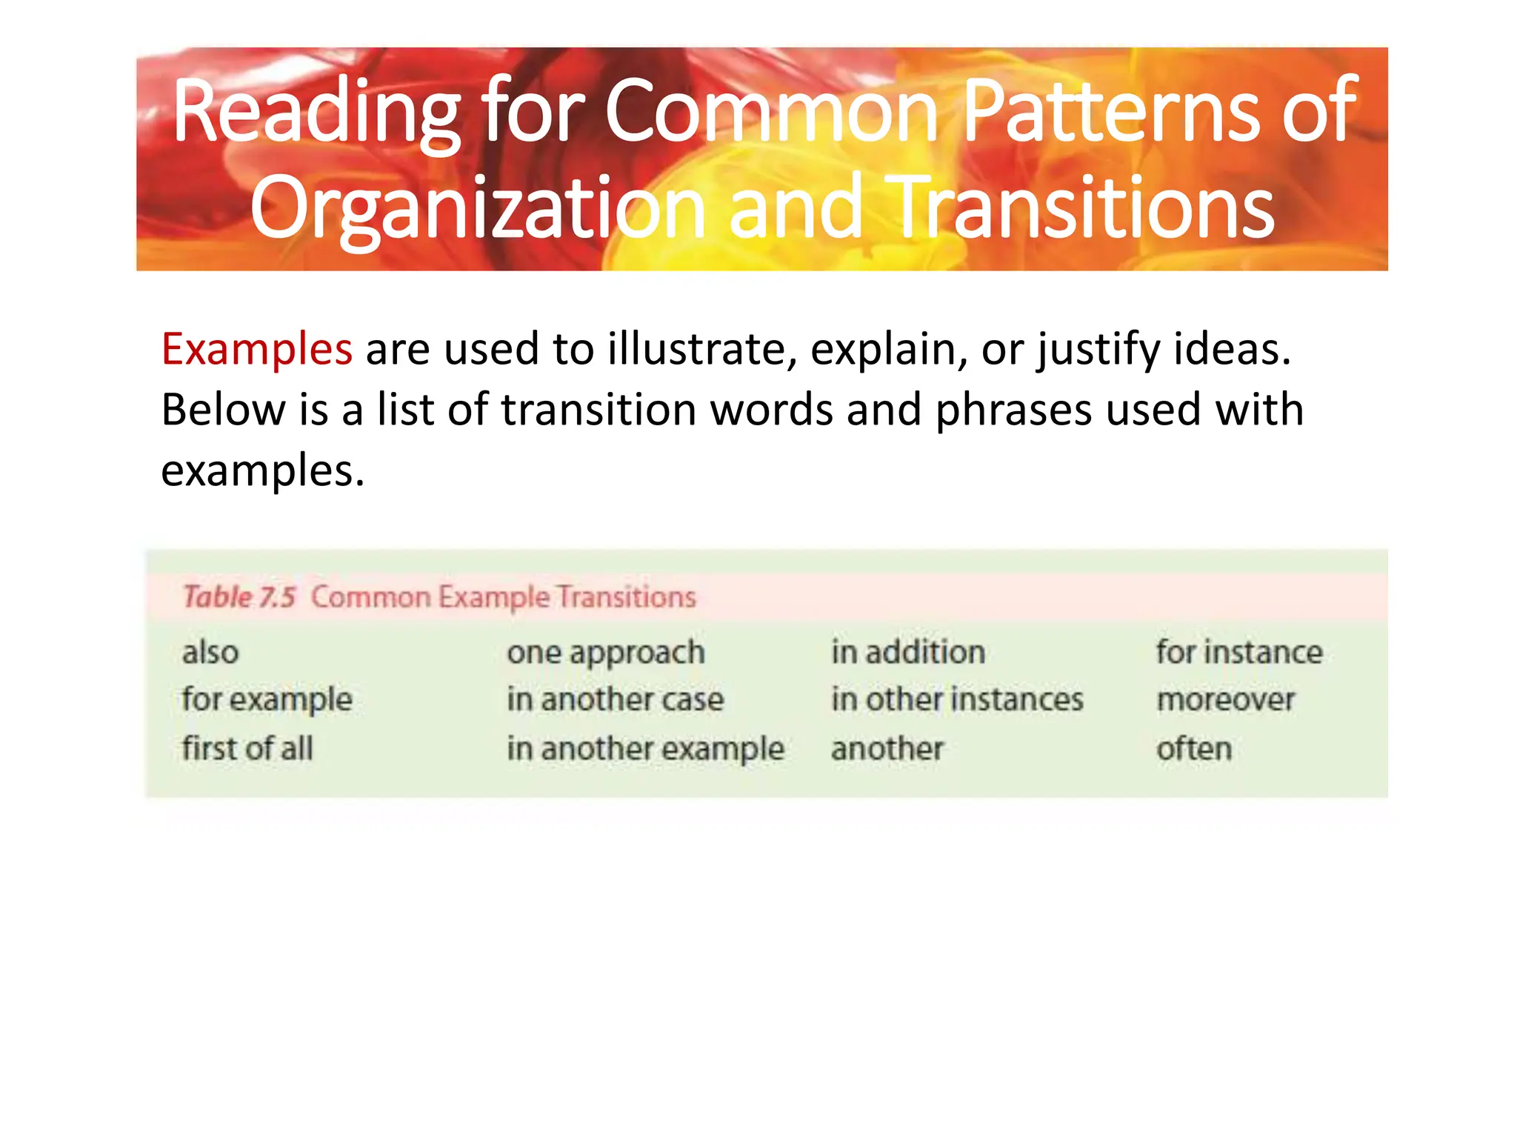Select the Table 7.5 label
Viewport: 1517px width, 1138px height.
point(239,596)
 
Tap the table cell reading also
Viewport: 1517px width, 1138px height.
point(210,653)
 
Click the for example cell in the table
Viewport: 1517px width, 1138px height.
point(267,700)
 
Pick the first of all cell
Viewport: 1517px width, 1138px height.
point(247,748)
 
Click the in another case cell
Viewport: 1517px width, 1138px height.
point(615,700)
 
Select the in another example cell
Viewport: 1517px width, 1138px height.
point(645,749)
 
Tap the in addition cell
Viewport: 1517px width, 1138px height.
point(908,653)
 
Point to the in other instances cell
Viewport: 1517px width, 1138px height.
point(957,700)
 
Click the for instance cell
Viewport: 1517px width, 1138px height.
point(1239,653)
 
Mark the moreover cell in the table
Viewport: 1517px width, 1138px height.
point(1226,700)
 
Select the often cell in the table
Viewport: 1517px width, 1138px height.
point(1194,749)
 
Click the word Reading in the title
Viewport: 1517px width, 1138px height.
point(317,113)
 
